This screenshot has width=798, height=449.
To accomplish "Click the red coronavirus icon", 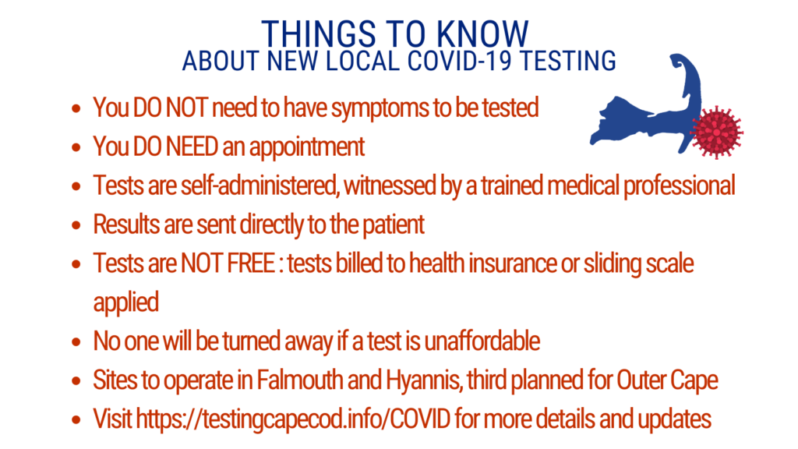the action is pos(716,132).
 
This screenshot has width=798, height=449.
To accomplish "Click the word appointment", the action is pos(307,147).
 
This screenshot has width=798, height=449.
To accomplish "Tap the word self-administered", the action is pos(260,186).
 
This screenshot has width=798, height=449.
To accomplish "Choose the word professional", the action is pos(680,186).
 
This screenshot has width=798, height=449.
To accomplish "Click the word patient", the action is pos(393,224).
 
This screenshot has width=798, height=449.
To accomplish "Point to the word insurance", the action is pos(513,263).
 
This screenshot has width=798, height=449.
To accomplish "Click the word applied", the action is pos(126,303).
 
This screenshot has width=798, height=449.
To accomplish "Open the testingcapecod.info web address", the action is pos(293,419).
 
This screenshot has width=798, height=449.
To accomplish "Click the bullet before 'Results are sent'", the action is pos(76,225).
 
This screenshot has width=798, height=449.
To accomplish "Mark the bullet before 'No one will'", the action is pos(76,341).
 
